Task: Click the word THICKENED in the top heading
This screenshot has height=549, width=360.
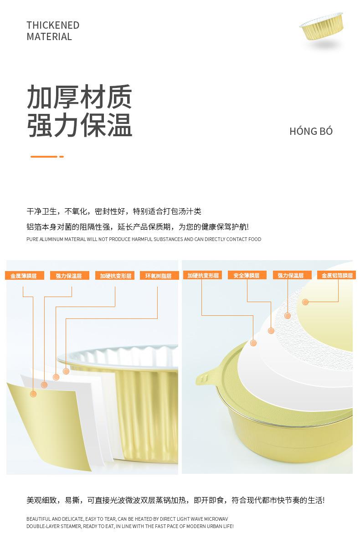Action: pos(53,25)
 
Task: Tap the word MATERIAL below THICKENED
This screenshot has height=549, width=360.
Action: pos(49,37)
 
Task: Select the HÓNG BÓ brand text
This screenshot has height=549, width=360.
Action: pos(311,131)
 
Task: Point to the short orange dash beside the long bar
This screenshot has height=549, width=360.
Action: pos(62,157)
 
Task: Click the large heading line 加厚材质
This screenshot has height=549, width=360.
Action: pos(79,97)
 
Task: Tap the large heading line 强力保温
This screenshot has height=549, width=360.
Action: pos(79,125)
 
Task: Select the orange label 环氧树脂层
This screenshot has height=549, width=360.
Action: pos(159,276)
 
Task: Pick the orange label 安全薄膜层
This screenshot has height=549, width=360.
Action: pos(247,275)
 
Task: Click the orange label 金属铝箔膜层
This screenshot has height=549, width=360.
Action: pos(336,275)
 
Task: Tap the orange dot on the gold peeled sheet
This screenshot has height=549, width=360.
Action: pos(33,394)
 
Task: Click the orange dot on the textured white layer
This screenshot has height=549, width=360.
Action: pos(288,316)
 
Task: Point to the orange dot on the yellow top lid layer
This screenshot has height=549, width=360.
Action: pos(305,302)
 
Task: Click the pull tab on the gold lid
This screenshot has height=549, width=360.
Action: pos(206,377)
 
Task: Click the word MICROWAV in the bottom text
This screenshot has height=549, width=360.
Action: pos(216,519)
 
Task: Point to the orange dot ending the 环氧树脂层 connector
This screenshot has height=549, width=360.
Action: pos(66,371)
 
